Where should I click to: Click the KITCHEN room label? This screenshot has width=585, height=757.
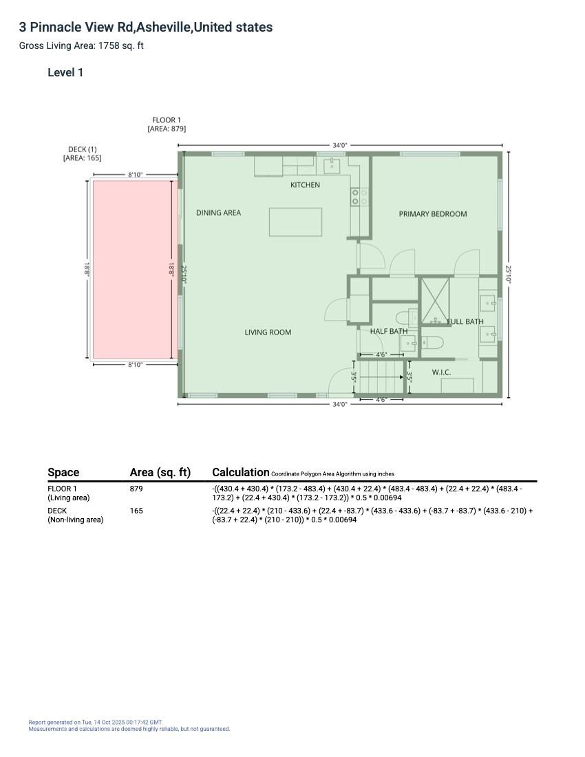pyautogui.click(x=305, y=185)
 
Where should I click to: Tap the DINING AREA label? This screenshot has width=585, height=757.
pyautogui.click(x=218, y=213)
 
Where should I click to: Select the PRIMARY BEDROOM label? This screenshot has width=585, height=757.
pyautogui.click(x=433, y=214)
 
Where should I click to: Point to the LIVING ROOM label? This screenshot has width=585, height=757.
pyautogui.click(x=268, y=332)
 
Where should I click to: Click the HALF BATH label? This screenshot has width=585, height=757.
pyautogui.click(x=388, y=331)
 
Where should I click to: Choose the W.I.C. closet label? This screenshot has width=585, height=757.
pyautogui.click(x=441, y=372)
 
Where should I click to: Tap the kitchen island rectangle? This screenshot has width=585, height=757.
pyautogui.click(x=295, y=222)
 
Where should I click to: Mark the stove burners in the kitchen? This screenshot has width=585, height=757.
pyautogui.click(x=355, y=197)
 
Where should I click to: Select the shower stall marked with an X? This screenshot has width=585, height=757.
pyautogui.click(x=435, y=301)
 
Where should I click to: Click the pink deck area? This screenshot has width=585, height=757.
pyautogui.click(x=131, y=269)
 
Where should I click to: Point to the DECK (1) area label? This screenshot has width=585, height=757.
pyautogui.click(x=83, y=153)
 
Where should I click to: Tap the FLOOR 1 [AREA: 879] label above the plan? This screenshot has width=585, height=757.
pyautogui.click(x=167, y=125)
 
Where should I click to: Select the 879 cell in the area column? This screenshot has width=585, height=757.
pyautogui.click(x=136, y=489)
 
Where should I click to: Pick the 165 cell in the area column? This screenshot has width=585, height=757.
pyautogui.click(x=136, y=511)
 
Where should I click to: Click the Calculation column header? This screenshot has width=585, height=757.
pyautogui.click(x=240, y=472)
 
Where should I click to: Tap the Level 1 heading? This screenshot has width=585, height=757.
pyautogui.click(x=65, y=72)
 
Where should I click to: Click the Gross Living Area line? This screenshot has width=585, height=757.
pyautogui.click(x=81, y=46)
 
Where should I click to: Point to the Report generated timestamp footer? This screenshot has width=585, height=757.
pyautogui.click(x=96, y=723)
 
